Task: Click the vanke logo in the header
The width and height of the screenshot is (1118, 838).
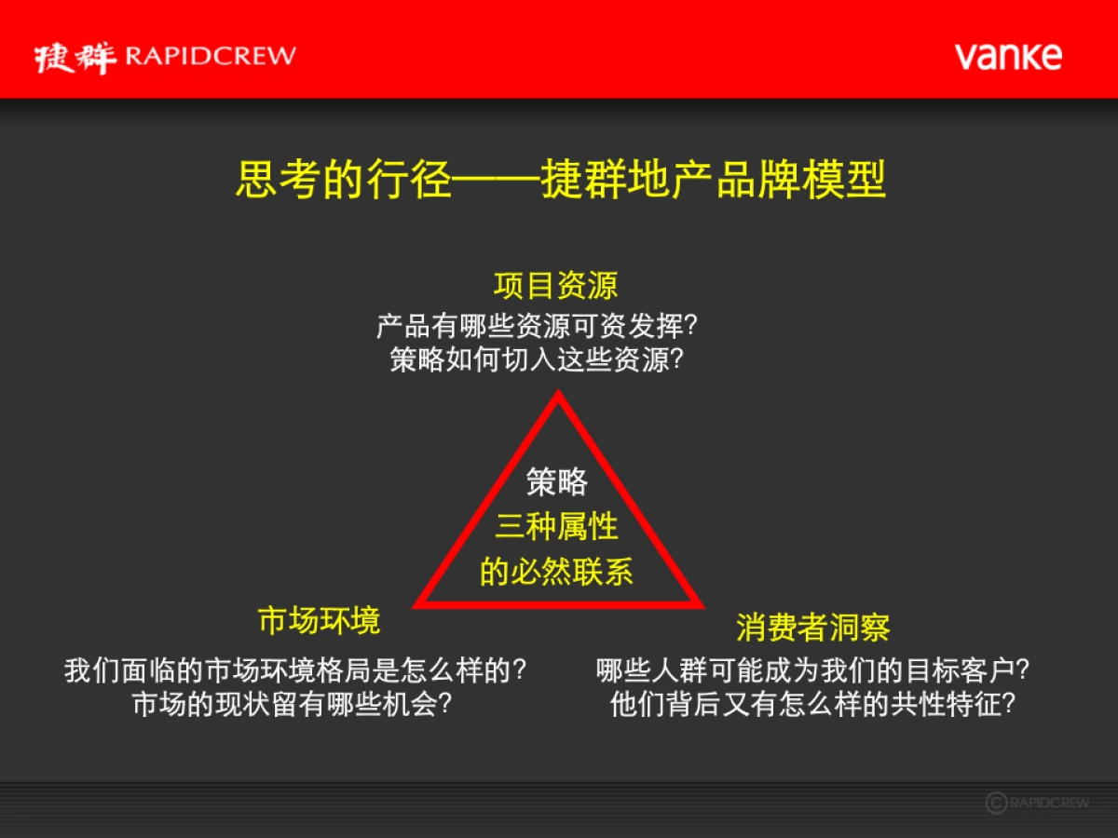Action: pos(1007,56)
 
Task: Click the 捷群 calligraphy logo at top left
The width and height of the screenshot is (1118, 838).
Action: pos(75,57)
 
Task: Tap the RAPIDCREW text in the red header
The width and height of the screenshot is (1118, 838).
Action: pos(210,56)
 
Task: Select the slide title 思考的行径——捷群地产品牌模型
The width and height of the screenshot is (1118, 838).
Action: pos(560,181)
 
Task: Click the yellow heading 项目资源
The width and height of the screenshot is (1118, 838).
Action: pos(556,285)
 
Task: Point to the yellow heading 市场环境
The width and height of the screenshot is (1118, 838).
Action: pos(319,620)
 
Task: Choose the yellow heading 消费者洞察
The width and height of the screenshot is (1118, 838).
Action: pos(812,628)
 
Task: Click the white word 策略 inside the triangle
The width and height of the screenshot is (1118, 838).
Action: pos(557,481)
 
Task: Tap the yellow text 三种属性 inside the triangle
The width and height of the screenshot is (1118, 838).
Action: pos(557,527)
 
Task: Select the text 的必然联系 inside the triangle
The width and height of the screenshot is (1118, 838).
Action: pos(557,572)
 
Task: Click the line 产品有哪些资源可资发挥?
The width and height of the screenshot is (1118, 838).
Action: pos(538,327)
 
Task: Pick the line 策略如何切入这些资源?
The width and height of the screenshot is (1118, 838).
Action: pos(538,360)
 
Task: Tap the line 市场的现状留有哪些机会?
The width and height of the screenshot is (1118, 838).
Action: pos(293,704)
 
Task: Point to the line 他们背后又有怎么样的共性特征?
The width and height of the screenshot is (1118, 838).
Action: pos(812,704)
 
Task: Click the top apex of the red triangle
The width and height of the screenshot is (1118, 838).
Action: pos(557,395)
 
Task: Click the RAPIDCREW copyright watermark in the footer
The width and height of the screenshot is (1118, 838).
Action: pos(1036,803)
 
